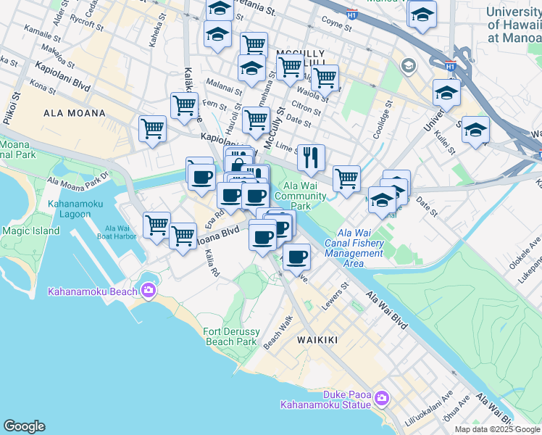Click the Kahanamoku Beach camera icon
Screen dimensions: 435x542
coord(149,291)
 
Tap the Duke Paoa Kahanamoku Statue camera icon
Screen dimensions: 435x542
coord(383,398)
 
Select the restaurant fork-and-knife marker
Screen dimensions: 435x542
coord(311,157)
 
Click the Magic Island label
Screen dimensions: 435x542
coord(30,231)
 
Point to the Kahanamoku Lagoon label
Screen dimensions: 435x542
coord(78,210)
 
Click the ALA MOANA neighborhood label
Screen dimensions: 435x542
coord(75,113)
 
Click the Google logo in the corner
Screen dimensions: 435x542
coord(24,426)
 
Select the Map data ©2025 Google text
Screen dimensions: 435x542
coord(496,429)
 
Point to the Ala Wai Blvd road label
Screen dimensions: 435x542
coord(386,311)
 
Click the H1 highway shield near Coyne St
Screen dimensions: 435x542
coord(351,14)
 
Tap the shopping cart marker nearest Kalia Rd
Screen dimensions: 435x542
coord(183,236)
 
